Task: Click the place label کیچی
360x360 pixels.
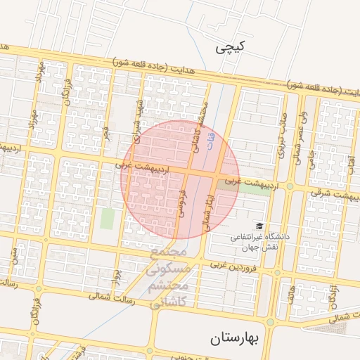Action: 231,48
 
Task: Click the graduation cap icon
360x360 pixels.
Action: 260,226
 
